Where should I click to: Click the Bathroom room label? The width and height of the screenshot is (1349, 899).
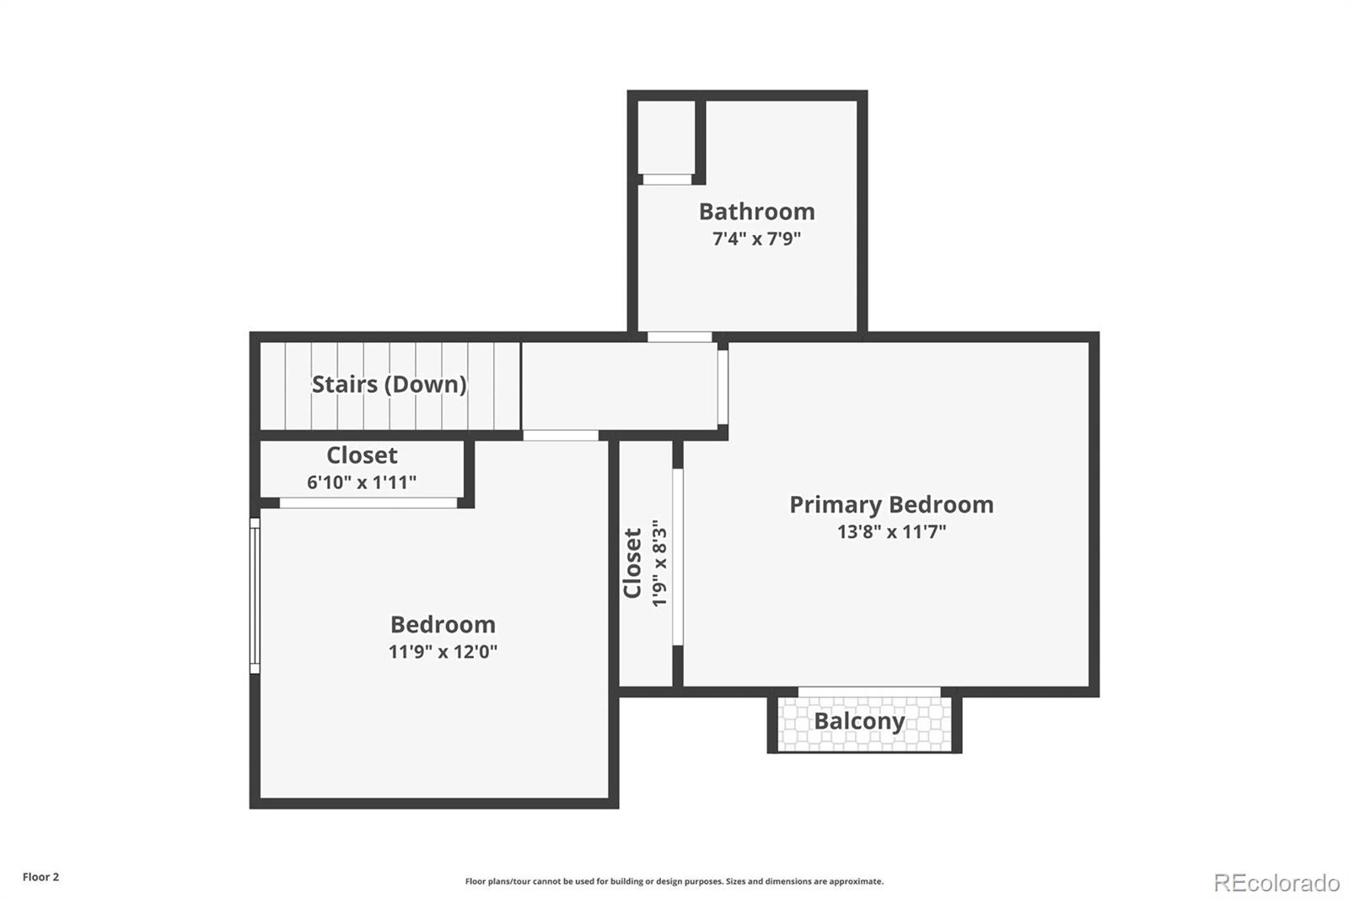coord(756,212)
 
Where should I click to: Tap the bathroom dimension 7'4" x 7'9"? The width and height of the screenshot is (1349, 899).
coord(756,239)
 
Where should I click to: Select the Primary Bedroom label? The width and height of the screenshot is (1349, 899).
coord(891,504)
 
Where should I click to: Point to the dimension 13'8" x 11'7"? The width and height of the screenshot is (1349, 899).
coord(891,531)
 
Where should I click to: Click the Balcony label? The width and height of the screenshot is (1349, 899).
coord(858,722)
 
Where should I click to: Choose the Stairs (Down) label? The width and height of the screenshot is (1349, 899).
coord(389,385)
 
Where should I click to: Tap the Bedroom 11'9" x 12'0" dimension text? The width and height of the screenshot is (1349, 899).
coord(443,652)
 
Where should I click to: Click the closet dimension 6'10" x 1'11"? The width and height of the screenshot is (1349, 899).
coord(361,482)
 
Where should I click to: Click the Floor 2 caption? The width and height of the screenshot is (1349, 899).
coord(40,877)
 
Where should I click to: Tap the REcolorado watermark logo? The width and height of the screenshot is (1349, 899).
coord(1276,882)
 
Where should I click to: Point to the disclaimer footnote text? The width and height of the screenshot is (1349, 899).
coord(674,881)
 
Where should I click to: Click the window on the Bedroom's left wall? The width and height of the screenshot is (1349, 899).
coord(255,595)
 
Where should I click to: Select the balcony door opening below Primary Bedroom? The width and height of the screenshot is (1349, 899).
coord(868,692)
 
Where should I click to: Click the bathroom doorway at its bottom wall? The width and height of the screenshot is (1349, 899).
coord(680,337)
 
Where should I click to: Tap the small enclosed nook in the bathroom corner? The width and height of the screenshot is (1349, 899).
coord(665,137)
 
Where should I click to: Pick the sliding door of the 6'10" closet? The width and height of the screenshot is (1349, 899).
coord(368,503)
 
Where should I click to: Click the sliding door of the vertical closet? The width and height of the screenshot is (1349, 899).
coord(677,557)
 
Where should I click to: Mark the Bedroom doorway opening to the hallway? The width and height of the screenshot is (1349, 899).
coord(561,436)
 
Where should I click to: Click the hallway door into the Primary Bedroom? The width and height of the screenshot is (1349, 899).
coord(723,387)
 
